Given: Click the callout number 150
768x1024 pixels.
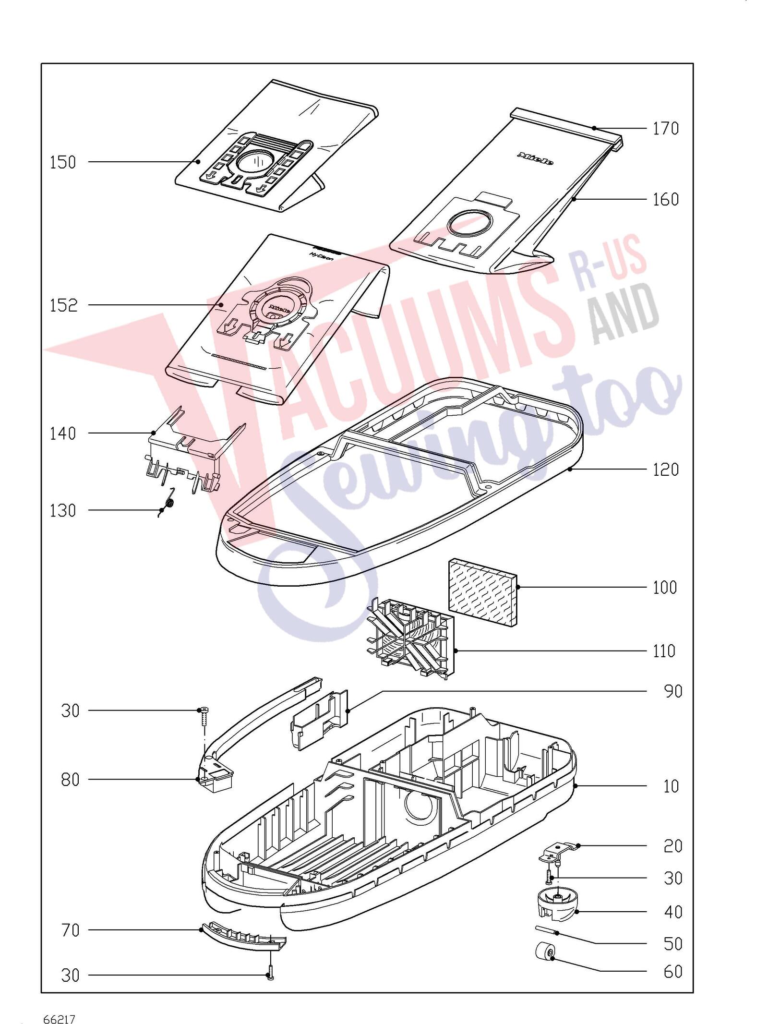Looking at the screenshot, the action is [x=63, y=162].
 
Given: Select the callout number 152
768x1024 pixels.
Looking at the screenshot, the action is [x=63, y=305].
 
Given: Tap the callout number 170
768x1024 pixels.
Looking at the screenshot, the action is [x=666, y=128].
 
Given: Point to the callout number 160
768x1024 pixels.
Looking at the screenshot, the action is [x=666, y=199].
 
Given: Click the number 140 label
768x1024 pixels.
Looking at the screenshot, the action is [x=63, y=434].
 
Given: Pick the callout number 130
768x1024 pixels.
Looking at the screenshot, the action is [x=63, y=510].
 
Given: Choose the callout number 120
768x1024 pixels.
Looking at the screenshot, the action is [x=666, y=469].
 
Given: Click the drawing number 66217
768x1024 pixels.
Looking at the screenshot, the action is [x=60, y=1002].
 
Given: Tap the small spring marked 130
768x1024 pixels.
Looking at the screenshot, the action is [x=167, y=503].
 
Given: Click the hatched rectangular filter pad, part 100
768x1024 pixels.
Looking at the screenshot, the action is [x=483, y=592].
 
